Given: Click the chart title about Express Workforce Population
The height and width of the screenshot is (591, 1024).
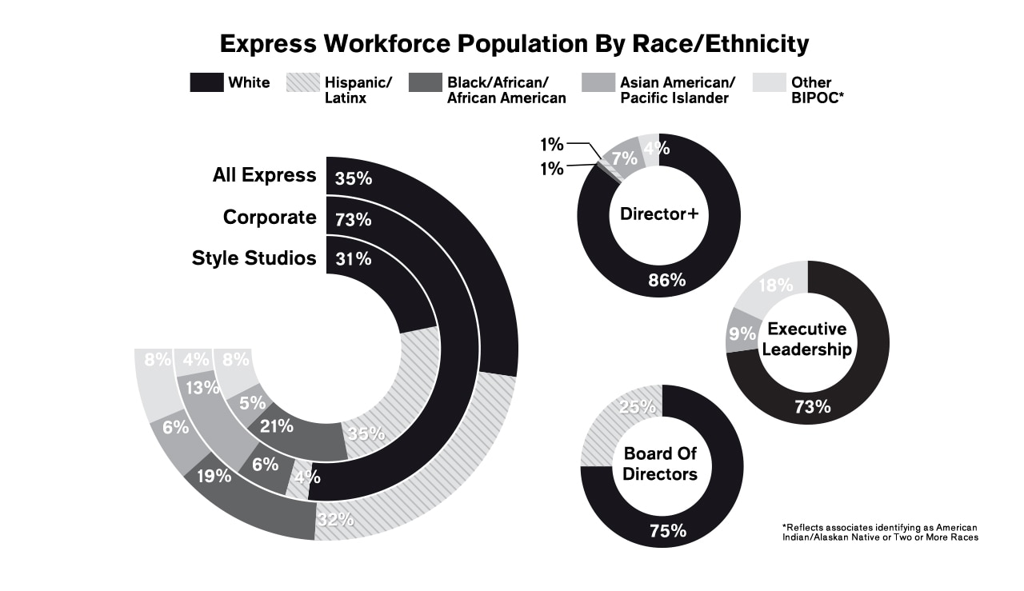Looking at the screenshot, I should pos(514,43).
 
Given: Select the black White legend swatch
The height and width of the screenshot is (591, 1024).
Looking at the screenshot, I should pos(206,82).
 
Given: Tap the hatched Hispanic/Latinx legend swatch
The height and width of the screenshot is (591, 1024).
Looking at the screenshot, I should pos(302,82).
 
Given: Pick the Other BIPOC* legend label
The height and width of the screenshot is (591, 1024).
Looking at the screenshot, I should pos(811,90).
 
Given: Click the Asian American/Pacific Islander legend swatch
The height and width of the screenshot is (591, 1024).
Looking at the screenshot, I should pos(598,82).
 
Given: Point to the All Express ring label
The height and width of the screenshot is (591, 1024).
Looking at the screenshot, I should pos(264,175).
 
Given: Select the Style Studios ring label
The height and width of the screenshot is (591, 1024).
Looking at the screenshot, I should pos(254,258).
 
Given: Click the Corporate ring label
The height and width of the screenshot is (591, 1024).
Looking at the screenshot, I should pos(270,217).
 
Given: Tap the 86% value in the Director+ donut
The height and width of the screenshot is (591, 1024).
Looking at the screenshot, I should pos(667,280).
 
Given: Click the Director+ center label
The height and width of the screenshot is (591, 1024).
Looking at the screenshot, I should pos(658,214).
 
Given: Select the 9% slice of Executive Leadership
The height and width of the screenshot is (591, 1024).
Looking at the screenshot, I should pos(742,333).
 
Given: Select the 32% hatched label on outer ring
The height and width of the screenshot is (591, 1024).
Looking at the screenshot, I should pos(334,519).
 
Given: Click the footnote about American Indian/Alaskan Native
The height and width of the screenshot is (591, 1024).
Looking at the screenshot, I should pos(879,533).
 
